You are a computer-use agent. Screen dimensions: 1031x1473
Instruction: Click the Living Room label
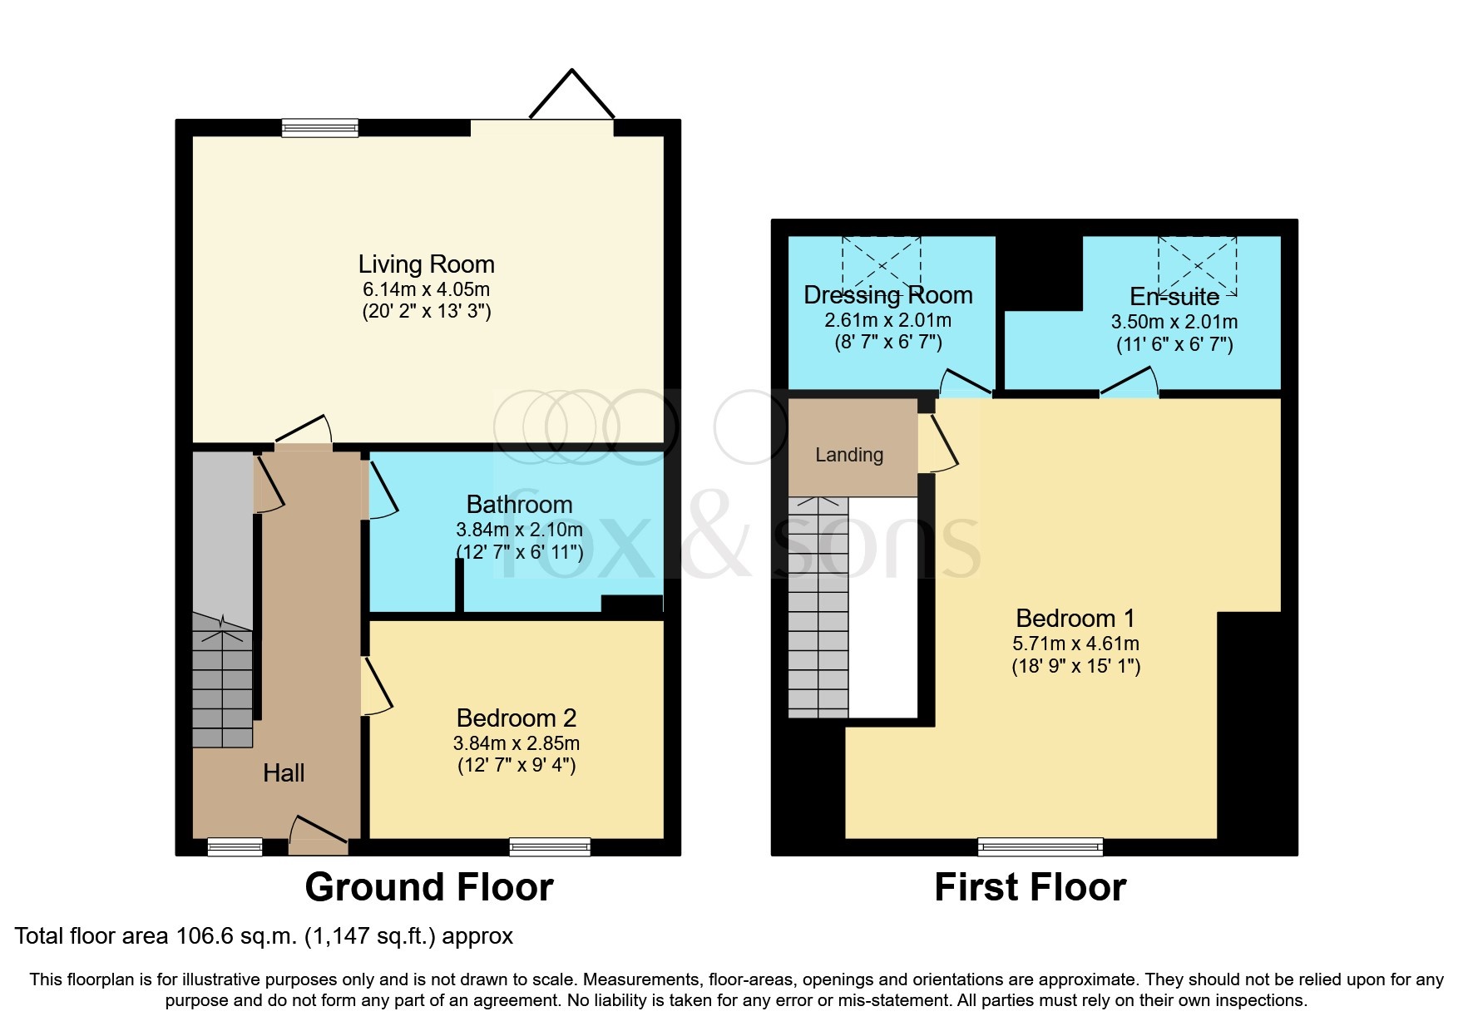[x=426, y=264]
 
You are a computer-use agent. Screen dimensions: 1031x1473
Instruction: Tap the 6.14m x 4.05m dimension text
[x=426, y=290]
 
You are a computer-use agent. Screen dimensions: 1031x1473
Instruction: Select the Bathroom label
[x=519, y=505]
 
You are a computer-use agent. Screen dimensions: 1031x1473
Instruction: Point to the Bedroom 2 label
[x=516, y=718]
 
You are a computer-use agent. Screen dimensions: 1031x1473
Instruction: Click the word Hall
[x=284, y=773]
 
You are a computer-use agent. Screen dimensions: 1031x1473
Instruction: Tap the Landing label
[x=848, y=455]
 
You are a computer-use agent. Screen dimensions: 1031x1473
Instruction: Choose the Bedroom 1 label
[x=1075, y=619]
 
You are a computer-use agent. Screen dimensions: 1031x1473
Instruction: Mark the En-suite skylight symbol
[x=1197, y=266]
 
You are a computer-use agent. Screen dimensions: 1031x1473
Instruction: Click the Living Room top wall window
[x=319, y=127]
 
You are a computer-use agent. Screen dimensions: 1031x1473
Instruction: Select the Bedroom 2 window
[x=550, y=847]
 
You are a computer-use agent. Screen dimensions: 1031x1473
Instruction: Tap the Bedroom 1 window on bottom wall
[x=1040, y=847]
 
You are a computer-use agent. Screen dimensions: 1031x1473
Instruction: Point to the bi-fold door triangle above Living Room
[x=572, y=96]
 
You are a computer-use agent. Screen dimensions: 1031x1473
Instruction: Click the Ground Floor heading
[x=428, y=887]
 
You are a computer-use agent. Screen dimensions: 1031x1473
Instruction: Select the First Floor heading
[x=1030, y=887]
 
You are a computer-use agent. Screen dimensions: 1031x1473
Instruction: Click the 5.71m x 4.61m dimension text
[x=1075, y=644]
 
